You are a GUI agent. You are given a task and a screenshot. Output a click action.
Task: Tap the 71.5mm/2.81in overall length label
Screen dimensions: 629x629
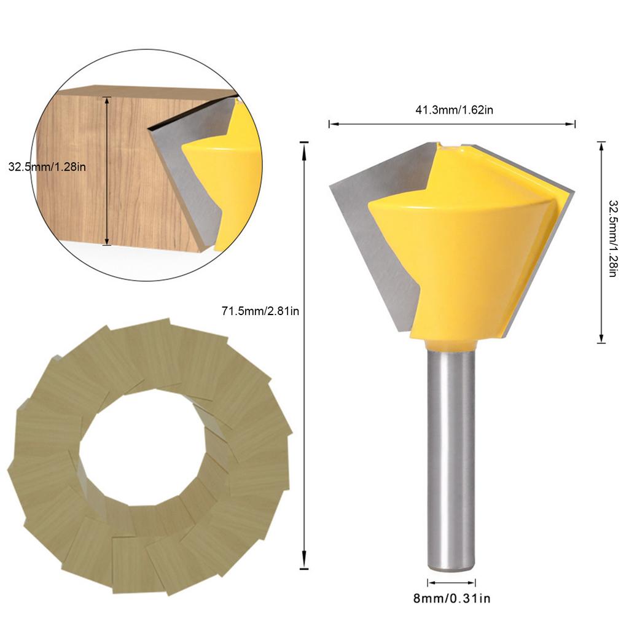click(260, 311)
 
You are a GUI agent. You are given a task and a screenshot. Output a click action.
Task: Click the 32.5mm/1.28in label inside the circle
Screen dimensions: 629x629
click(47, 167)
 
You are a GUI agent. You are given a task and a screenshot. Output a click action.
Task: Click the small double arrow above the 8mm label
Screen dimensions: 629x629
click(451, 582)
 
